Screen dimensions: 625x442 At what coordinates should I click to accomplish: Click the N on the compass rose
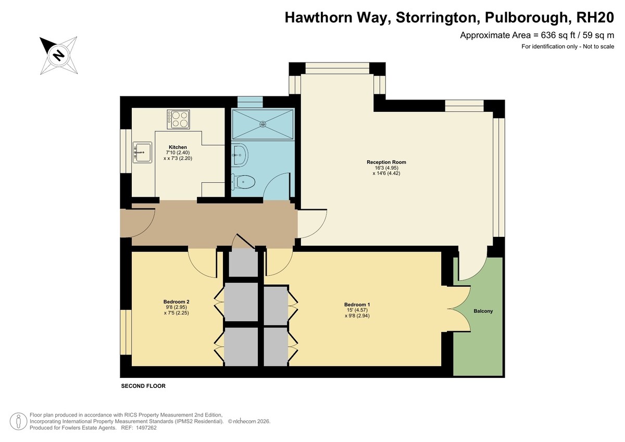point(58,55)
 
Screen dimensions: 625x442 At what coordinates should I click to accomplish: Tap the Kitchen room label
point(178,147)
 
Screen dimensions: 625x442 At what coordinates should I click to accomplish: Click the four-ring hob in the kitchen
point(178,119)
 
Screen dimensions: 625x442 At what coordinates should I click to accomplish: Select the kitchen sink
point(142,152)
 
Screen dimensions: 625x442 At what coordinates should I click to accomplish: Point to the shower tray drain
point(262,124)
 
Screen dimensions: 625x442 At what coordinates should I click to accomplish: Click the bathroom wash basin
point(240,155)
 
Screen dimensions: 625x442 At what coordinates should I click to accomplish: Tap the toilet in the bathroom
point(243,182)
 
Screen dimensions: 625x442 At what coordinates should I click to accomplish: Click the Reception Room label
point(386,162)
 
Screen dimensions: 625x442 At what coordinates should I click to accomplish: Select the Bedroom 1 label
point(357,305)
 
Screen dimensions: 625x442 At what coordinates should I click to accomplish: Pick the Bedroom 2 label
point(177,302)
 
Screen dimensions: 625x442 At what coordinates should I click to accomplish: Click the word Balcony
point(483,311)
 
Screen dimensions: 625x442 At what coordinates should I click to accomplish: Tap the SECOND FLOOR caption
point(143,386)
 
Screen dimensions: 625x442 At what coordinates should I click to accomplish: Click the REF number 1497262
point(146,428)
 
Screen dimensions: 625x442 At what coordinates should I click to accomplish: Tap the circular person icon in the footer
point(18,421)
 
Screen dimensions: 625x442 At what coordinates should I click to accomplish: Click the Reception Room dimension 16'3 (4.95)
point(386,168)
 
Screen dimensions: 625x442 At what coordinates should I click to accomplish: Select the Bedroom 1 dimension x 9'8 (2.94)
point(357,316)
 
